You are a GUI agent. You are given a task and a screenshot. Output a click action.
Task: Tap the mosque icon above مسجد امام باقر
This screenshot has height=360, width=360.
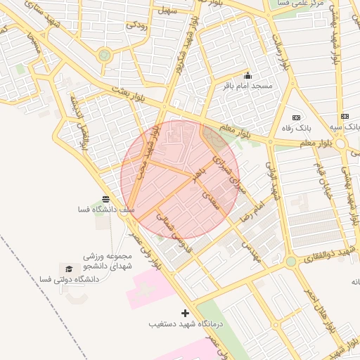[247, 75]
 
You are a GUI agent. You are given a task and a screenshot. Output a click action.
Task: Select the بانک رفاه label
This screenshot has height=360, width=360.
[295, 128]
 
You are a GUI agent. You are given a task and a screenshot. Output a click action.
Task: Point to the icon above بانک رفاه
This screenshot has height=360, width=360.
[296, 117]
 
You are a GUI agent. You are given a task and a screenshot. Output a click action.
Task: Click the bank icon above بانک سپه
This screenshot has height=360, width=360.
[344, 116]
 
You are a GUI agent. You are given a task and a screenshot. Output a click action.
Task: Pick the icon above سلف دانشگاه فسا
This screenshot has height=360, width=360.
[105, 199]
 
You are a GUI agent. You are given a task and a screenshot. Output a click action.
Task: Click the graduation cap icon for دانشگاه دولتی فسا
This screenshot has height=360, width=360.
[69, 269]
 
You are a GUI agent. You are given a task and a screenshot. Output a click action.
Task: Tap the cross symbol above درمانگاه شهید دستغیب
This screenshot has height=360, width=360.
[185, 312]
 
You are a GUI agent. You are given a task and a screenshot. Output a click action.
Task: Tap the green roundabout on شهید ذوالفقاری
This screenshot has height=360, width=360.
[290, 262]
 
